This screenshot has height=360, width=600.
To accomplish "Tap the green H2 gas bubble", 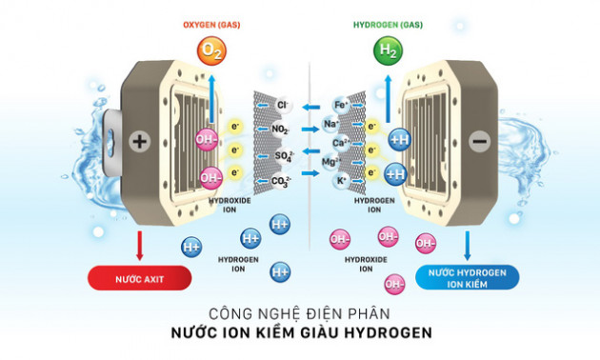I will pyautogui.click(x=388, y=50).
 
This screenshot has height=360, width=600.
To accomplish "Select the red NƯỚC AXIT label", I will pyautogui.click(x=139, y=277).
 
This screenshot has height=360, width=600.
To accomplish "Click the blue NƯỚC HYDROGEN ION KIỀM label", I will pyautogui.click(x=468, y=277).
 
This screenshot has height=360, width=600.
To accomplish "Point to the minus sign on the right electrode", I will pyautogui.click(x=479, y=142).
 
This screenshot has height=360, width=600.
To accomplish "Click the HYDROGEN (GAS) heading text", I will pyautogui.click(x=388, y=23).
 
